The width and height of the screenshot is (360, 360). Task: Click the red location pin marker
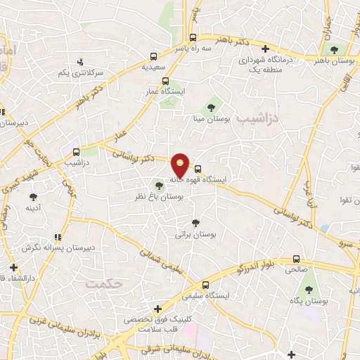pos(181,166)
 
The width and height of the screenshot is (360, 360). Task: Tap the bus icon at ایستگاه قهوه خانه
pos(198,169)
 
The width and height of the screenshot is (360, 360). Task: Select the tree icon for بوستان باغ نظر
pos(160,186)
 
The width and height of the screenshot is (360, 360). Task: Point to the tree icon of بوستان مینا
pos(210,108)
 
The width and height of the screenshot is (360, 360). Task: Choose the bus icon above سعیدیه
pos(154,56)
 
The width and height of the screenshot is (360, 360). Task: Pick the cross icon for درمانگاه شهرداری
pos(265,49)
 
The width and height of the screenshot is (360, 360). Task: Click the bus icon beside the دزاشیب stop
pos(76,150)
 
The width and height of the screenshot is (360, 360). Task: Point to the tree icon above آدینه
pos(32,197)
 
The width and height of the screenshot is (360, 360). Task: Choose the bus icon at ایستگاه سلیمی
pos(205,285)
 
